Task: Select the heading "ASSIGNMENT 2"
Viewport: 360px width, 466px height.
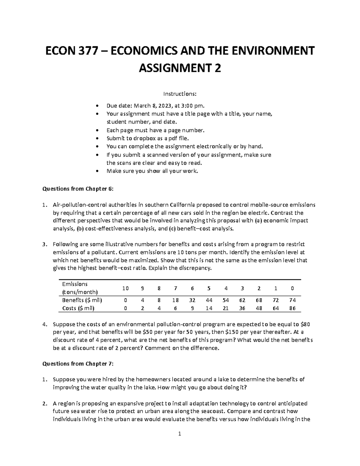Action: pyautogui.click(x=180, y=68)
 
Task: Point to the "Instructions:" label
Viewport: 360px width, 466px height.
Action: pyautogui.click(x=180, y=94)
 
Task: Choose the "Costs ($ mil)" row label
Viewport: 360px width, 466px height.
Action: pyautogui.click(x=78, y=308)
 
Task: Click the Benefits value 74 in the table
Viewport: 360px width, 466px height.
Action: pyautogui.click(x=292, y=300)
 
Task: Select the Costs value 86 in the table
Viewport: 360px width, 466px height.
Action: pyautogui.click(x=292, y=308)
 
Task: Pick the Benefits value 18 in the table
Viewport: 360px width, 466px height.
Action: pyautogui.click(x=175, y=300)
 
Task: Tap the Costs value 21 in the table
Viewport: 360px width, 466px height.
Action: pyautogui.click(x=226, y=308)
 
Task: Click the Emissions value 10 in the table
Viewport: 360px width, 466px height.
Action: pyautogui.click(x=125, y=288)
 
